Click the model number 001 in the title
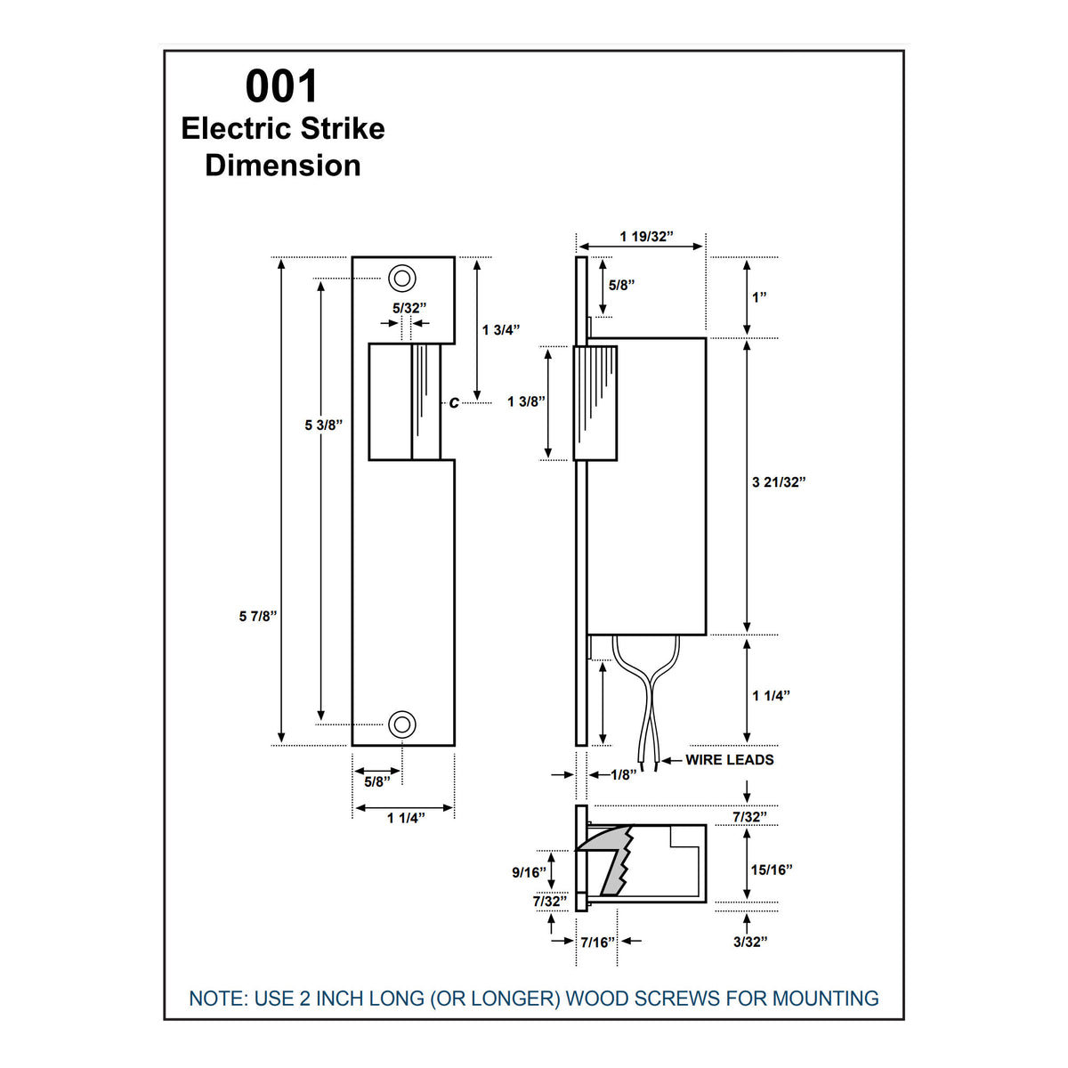[x=281, y=87]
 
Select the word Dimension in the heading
[x=282, y=166]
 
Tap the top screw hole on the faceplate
[x=402, y=278]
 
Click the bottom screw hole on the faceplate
[x=402, y=724]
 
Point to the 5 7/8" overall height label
[x=258, y=616]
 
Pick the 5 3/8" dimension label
[x=323, y=425]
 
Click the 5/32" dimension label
[x=409, y=307]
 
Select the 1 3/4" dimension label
[x=500, y=329]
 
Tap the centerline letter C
[x=454, y=403]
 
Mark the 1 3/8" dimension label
[x=526, y=401]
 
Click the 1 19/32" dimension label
[x=646, y=237]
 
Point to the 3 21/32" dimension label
[x=779, y=482]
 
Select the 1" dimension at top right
[x=759, y=297]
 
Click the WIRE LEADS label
[x=729, y=760]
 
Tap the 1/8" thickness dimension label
[x=624, y=775]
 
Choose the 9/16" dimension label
[x=529, y=872]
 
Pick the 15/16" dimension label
[x=771, y=870]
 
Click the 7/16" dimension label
[x=598, y=942]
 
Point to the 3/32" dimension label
[x=749, y=942]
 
